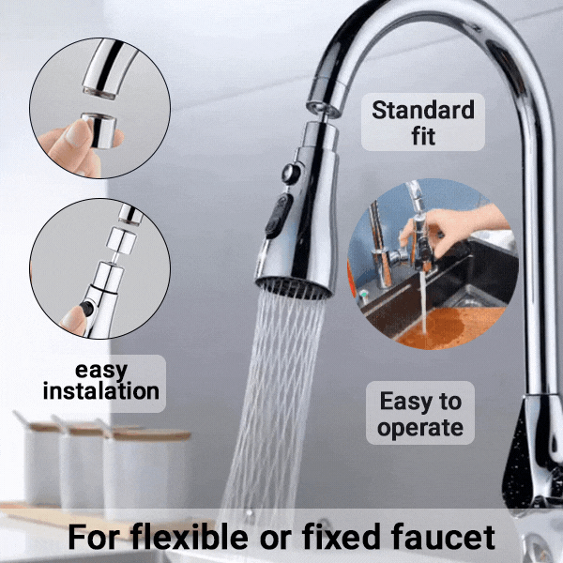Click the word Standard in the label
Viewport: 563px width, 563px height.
point(423,110)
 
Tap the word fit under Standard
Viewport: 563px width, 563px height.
point(423,136)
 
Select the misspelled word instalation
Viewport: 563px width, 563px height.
point(100,390)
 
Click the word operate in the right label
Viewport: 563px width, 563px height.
point(421,428)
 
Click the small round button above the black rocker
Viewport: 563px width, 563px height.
point(290,175)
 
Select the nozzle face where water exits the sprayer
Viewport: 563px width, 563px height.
point(293,286)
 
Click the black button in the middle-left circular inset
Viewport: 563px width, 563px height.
point(87,307)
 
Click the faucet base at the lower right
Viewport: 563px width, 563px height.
point(530,469)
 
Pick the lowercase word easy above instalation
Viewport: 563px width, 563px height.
point(100,368)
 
